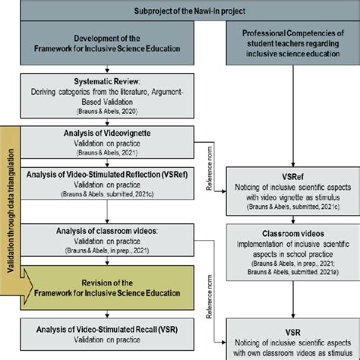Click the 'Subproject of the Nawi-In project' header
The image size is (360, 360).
point(181,11)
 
